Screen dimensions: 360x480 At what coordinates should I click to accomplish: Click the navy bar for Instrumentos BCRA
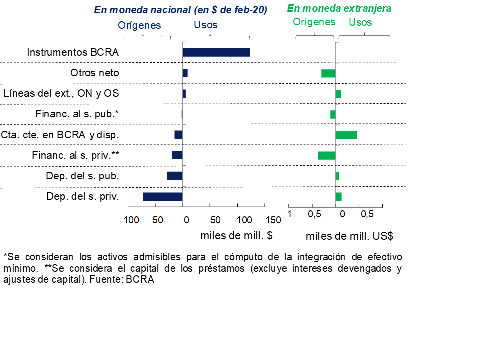[x=216, y=52]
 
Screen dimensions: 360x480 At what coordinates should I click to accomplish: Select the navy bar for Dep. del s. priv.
[x=163, y=196]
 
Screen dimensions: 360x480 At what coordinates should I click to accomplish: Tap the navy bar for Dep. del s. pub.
[x=175, y=176]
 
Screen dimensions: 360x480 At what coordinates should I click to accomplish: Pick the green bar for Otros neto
[x=328, y=73]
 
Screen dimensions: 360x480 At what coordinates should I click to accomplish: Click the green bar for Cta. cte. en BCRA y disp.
[x=346, y=135]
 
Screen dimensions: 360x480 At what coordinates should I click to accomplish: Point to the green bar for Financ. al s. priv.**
[x=327, y=155]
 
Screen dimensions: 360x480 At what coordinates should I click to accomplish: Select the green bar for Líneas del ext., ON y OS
[x=338, y=94]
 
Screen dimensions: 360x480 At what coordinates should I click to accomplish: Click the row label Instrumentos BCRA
[x=73, y=52]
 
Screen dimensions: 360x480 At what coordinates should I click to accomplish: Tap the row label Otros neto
[x=95, y=73]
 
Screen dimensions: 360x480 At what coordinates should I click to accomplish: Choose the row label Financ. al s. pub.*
[x=77, y=114]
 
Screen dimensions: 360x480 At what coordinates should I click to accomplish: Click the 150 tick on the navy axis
[x=273, y=220]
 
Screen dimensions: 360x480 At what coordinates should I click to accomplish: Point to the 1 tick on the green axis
[x=289, y=214]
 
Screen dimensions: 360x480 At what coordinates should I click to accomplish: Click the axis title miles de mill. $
[x=236, y=236]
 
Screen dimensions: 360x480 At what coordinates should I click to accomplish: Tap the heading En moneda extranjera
[x=339, y=9]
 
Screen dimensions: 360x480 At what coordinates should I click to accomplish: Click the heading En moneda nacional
[x=180, y=10]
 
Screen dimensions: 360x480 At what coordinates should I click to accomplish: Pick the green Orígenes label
[x=314, y=22]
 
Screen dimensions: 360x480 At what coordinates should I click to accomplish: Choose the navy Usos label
[x=205, y=25]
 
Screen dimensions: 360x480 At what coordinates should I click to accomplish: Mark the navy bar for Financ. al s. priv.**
[x=177, y=155]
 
